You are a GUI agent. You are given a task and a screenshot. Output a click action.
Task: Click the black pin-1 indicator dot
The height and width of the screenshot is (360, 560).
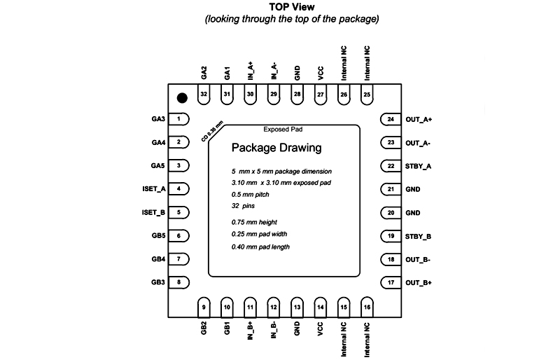tap(182, 98)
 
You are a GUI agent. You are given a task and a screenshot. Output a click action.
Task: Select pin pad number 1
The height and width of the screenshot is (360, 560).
tap(180, 119)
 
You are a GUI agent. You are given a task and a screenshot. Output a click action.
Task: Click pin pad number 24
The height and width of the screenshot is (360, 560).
tap(391, 119)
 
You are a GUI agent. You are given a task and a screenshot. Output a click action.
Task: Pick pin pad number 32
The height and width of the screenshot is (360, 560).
tap(204, 95)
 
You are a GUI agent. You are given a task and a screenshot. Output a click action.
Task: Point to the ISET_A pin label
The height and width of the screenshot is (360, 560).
tap(153, 189)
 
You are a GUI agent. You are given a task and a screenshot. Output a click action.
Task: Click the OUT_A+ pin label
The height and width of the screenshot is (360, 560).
tap(419, 119)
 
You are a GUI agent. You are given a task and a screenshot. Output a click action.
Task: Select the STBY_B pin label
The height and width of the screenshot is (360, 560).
tap(418, 236)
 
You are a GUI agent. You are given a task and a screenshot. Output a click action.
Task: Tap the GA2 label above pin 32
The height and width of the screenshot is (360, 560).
tap(204, 72)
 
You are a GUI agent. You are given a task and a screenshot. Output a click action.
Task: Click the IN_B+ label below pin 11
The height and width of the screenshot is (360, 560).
tap(250, 331)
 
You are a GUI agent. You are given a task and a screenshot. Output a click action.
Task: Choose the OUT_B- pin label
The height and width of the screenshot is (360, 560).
tap(419, 259)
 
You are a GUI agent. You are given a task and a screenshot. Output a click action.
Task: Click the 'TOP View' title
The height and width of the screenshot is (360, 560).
tap(292, 7)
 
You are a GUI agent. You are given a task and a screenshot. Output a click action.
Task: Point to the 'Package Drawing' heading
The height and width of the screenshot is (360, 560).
tap(276, 148)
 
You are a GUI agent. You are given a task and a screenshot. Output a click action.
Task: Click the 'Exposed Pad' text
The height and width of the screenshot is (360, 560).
tap(283, 130)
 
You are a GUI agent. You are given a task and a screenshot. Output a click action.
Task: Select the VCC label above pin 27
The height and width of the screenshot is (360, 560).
tap(320, 73)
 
